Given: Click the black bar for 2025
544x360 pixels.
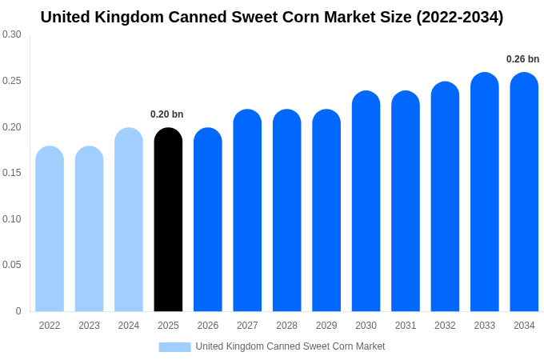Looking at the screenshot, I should [x=168, y=220].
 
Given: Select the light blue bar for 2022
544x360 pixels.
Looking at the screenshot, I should [x=50, y=229].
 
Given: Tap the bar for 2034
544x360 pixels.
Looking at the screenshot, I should [x=524, y=192].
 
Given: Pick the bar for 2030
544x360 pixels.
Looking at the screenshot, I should [x=366, y=202].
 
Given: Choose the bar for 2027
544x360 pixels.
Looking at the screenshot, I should [x=247, y=210].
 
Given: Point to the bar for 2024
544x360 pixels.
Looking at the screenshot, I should [x=129, y=220].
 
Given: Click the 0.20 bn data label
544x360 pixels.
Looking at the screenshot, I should [x=167, y=114].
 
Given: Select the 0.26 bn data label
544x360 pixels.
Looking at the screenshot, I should [x=522, y=59].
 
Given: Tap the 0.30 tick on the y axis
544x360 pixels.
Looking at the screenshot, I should [x=12, y=34].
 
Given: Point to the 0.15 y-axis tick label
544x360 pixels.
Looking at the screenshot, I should [x=12, y=173].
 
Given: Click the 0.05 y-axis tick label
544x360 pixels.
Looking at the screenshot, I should [x=12, y=265].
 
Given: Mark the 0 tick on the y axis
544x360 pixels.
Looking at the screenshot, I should [x=18, y=311].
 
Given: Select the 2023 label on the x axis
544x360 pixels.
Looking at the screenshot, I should [x=89, y=326].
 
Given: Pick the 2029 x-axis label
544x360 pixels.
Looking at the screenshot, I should [x=326, y=326].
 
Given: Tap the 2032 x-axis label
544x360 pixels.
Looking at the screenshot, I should [x=445, y=326].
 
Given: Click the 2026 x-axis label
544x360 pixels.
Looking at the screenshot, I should [x=208, y=326].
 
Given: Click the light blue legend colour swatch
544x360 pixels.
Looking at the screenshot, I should [x=174, y=346].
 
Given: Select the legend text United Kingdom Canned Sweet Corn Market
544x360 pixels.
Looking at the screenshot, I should [x=290, y=346].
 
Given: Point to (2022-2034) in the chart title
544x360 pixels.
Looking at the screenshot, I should [x=459, y=17].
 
